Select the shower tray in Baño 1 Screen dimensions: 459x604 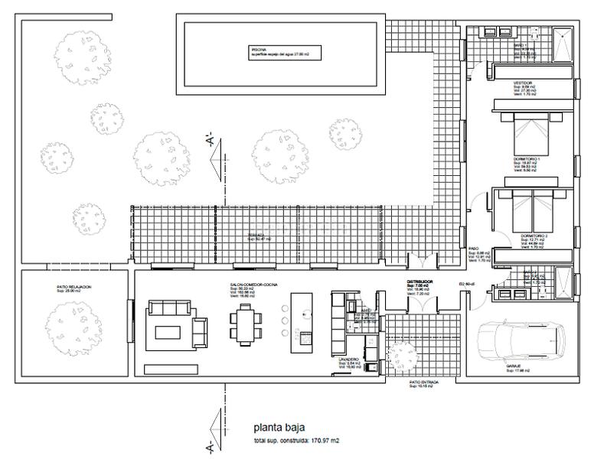pos(563,44)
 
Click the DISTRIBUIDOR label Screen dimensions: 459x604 pos(420,282)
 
